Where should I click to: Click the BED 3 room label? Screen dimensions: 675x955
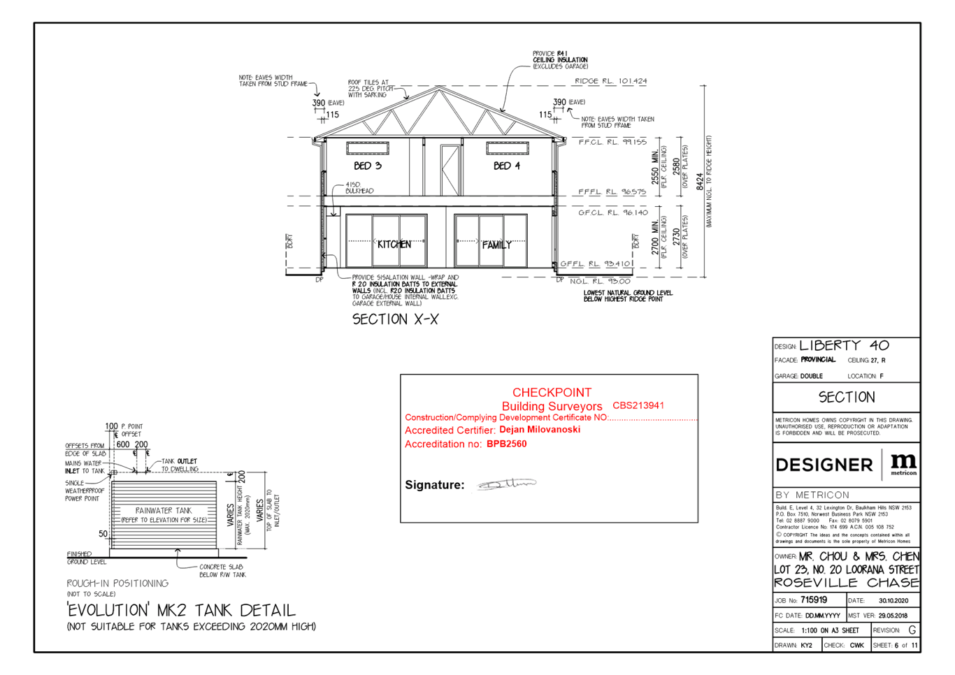368,166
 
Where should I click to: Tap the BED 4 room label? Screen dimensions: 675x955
507,166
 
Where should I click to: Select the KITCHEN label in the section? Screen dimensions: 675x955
394,245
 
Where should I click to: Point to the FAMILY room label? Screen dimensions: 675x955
496,245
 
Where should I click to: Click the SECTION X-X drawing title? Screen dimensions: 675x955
395,319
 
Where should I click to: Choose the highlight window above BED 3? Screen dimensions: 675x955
368,147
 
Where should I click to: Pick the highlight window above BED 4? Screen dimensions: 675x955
507,147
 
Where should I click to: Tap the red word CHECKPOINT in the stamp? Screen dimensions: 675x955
552,393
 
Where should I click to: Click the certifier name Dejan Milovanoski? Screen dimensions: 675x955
539,430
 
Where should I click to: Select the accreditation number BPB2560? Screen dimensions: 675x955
507,444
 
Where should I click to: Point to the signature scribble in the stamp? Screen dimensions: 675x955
506,484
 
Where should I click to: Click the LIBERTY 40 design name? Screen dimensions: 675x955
844,345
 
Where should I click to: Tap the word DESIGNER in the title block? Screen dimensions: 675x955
824,465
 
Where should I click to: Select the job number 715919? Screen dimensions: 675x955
814,600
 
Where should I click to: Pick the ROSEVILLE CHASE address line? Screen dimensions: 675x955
846,583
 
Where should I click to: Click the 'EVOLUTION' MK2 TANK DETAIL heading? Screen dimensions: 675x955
180,610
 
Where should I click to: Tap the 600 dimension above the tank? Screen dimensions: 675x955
123,444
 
